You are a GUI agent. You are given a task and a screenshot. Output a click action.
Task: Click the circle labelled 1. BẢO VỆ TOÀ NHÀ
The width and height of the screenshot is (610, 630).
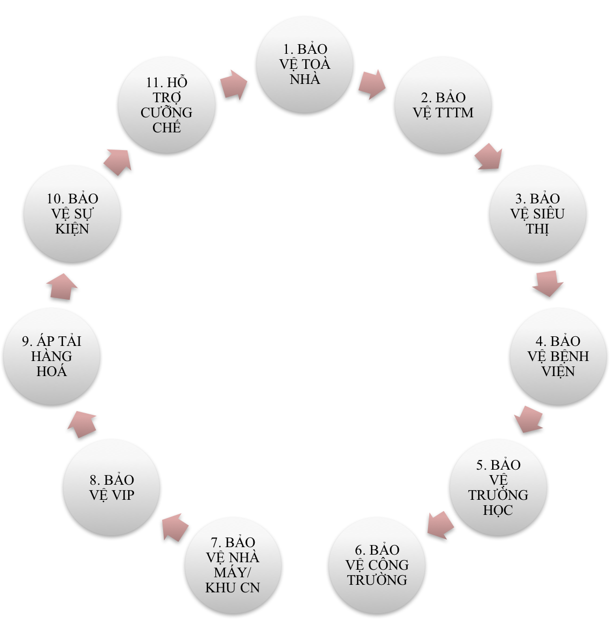pos(305,65)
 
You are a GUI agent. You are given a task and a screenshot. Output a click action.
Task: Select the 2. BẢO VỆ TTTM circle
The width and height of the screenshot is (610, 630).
pos(443,105)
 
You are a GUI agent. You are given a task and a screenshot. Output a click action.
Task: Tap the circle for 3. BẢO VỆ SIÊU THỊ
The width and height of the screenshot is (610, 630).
pos(537,214)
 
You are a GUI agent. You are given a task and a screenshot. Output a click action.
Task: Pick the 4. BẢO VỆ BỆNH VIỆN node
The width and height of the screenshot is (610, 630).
pos(558,356)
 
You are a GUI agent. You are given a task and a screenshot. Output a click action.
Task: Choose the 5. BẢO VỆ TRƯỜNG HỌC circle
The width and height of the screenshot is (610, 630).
pos(498,487)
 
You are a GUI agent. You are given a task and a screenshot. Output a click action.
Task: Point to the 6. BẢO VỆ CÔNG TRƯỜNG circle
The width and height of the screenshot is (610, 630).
pos(377,565)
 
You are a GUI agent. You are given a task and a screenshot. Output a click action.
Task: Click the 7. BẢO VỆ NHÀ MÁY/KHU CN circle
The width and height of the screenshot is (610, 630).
pos(233,565)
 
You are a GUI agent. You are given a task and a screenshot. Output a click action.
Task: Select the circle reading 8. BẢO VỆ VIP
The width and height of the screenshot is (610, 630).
pos(111,487)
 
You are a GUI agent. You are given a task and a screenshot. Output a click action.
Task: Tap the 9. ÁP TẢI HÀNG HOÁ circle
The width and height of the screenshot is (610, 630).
pos(52,356)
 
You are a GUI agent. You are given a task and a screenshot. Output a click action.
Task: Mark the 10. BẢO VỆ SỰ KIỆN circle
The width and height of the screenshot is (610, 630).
pos(72,214)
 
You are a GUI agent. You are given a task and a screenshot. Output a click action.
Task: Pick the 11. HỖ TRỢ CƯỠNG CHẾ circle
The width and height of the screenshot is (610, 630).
pos(166,105)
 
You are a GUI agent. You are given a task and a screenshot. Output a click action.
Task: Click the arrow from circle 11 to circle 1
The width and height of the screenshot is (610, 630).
pos(233,84)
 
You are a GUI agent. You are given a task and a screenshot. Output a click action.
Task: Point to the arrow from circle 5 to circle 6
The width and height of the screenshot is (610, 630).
pos(441,525)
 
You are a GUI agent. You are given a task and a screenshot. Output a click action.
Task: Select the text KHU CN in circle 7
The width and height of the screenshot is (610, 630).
pos(233,587)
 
